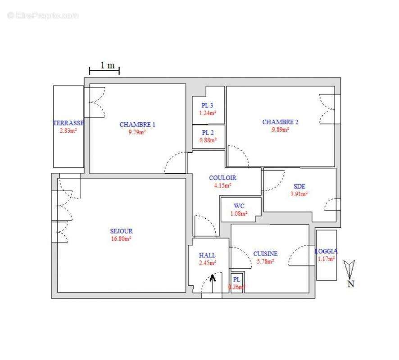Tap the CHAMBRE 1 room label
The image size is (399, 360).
[137, 125]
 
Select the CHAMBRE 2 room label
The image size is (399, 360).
[280, 122]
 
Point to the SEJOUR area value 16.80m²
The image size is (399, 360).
[121, 239]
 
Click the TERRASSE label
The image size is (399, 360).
[68, 123]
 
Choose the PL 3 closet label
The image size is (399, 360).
[208, 106]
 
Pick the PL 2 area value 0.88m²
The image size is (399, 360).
[208, 140]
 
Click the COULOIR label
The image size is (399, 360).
[222, 178]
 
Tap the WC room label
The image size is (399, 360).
[239, 206]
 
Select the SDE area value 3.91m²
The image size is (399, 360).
[299, 194]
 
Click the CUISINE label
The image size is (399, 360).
[265, 254]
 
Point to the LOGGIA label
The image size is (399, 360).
[326, 252]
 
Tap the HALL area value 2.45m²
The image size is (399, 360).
[207, 263]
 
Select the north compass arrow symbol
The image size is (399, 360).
[350, 269]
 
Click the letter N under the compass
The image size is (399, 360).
[350, 283]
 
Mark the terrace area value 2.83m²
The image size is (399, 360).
[68, 130]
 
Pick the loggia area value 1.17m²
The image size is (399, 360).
[326, 259]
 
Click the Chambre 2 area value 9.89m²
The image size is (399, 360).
[280, 130]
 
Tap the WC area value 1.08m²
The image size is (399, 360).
[239, 213]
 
